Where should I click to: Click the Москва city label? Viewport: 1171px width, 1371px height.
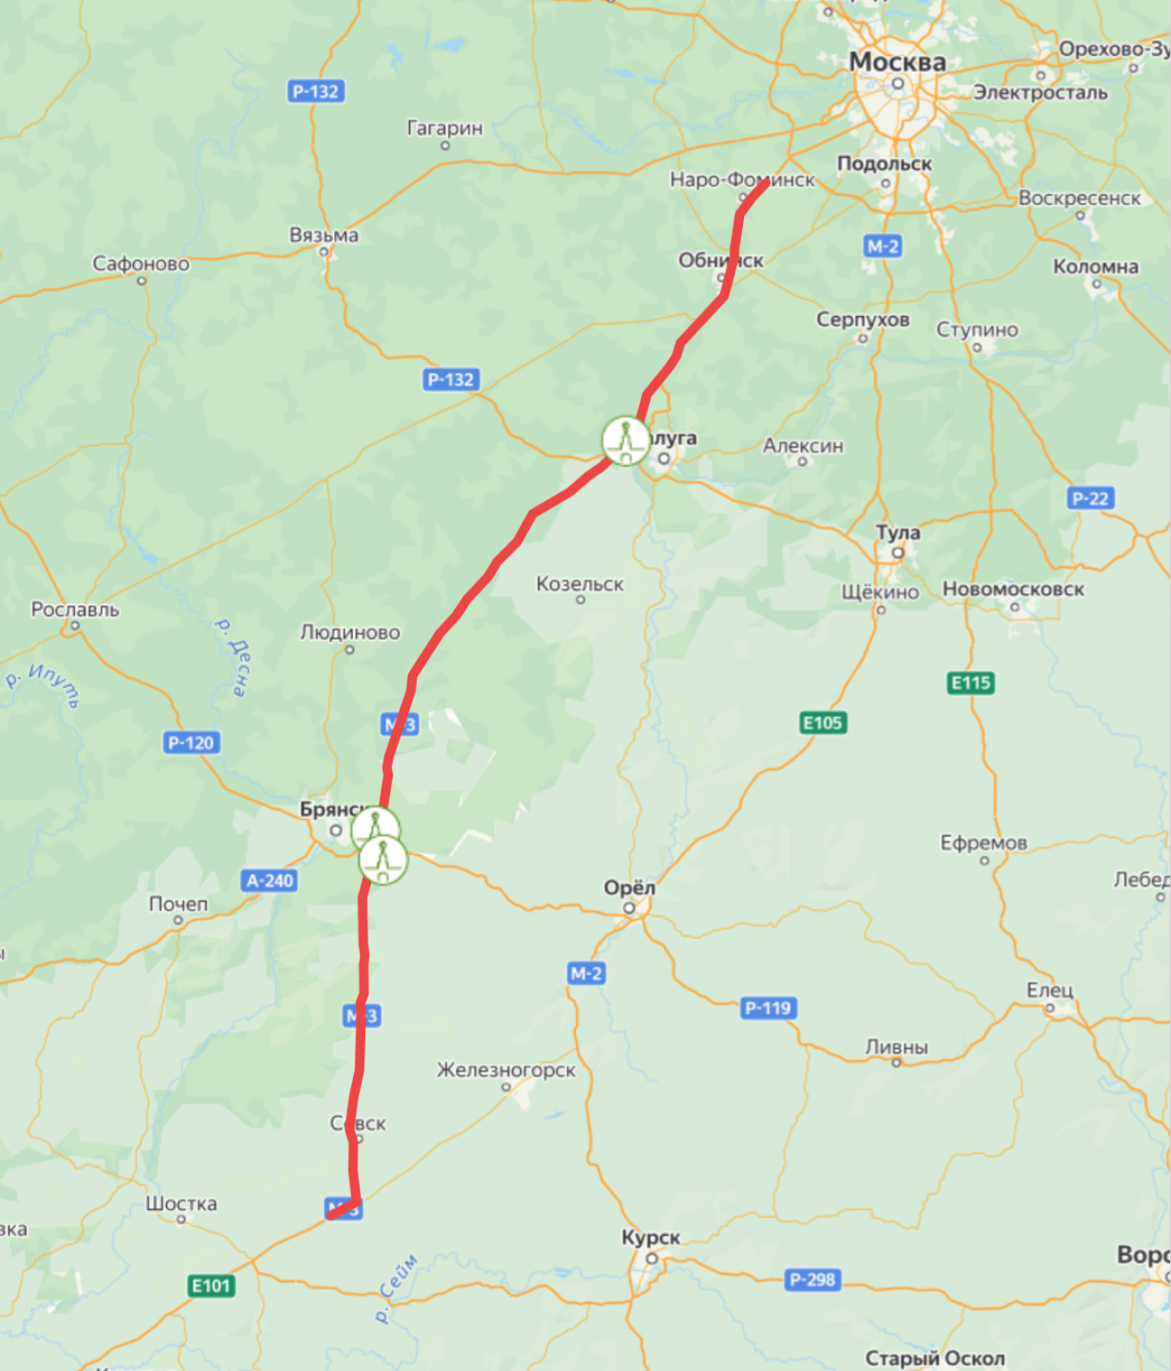coord(897,62)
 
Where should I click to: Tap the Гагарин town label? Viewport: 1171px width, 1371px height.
coord(444,128)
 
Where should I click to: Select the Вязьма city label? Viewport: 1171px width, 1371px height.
coord(324,235)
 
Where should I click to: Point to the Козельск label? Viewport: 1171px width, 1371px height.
coord(579,584)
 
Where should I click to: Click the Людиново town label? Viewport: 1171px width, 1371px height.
coord(350,632)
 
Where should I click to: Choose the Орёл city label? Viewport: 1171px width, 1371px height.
coord(629,888)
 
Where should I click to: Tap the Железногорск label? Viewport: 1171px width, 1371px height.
coord(505,1070)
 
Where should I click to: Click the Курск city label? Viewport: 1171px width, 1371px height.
coord(651,1238)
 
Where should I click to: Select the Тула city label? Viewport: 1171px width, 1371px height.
coord(898,532)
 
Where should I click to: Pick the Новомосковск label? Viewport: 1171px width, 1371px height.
coord(1013,589)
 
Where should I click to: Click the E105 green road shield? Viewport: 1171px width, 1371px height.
coord(822,723)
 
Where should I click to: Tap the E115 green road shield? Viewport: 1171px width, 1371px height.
coord(970,683)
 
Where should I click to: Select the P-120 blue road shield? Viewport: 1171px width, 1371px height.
coord(191,742)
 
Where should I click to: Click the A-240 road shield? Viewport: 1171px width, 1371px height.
coord(270,880)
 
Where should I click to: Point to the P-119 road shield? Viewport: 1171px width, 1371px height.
coord(767,1008)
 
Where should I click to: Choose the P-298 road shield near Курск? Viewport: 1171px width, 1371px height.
coord(812,1280)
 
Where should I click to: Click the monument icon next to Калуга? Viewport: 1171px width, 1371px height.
coord(625,441)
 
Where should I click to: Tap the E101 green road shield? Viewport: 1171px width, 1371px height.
coord(211,1286)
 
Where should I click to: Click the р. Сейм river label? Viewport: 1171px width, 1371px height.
coord(397,1288)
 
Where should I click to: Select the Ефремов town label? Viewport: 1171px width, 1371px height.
coord(983,842)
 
